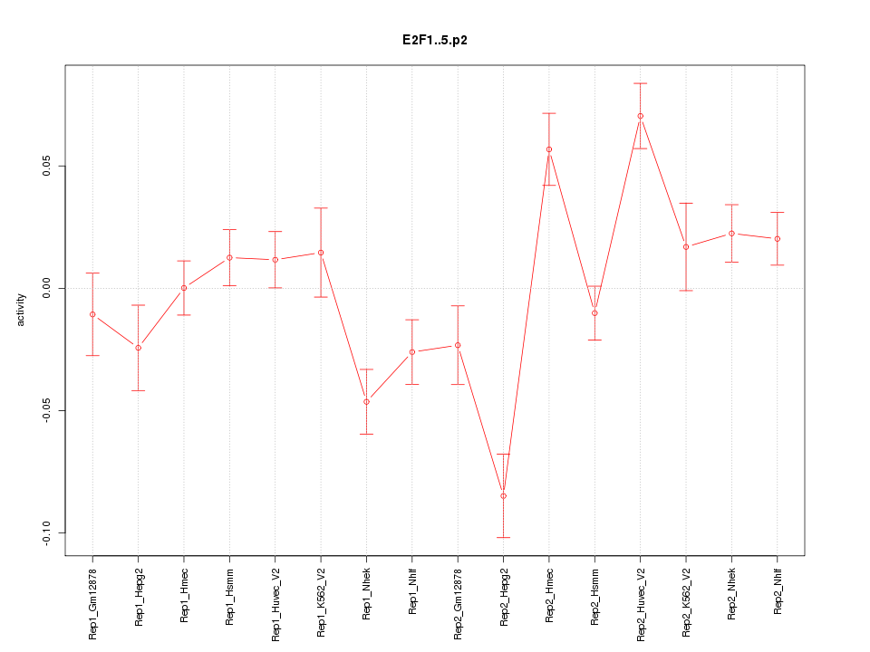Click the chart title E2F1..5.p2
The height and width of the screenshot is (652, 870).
tap(435, 41)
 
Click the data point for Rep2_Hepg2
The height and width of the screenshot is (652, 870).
tap(503, 496)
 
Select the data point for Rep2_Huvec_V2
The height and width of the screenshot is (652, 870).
tap(640, 116)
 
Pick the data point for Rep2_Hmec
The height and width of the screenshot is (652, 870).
tap(549, 149)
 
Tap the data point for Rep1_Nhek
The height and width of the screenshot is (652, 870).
tap(366, 402)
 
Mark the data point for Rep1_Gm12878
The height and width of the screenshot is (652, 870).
tap(92, 314)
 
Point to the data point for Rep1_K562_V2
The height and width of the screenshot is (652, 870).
tap(321, 253)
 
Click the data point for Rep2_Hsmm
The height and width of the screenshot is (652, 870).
tap(594, 313)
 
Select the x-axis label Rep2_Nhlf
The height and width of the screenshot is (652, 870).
tap(778, 592)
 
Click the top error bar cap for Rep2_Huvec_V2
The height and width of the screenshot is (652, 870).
tap(640, 83)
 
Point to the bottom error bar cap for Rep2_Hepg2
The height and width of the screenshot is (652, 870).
tap(503, 538)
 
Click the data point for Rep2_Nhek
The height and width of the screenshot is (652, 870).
tap(731, 234)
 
